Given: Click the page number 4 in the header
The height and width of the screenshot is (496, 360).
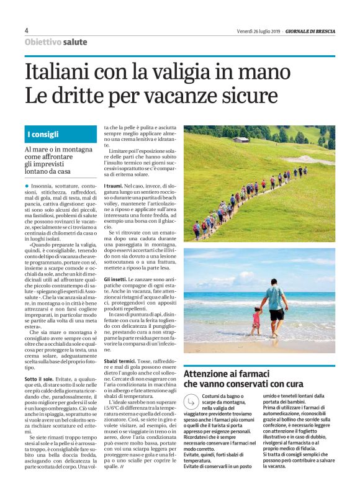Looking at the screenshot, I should (26, 30).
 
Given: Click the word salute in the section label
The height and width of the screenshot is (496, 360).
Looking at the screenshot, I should (75, 42).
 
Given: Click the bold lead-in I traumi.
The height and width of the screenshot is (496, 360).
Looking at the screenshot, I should (113, 186).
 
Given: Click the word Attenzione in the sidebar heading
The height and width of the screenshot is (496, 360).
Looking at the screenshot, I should (209, 374).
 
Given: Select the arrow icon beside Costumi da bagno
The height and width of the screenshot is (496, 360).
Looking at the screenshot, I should (191, 402).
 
